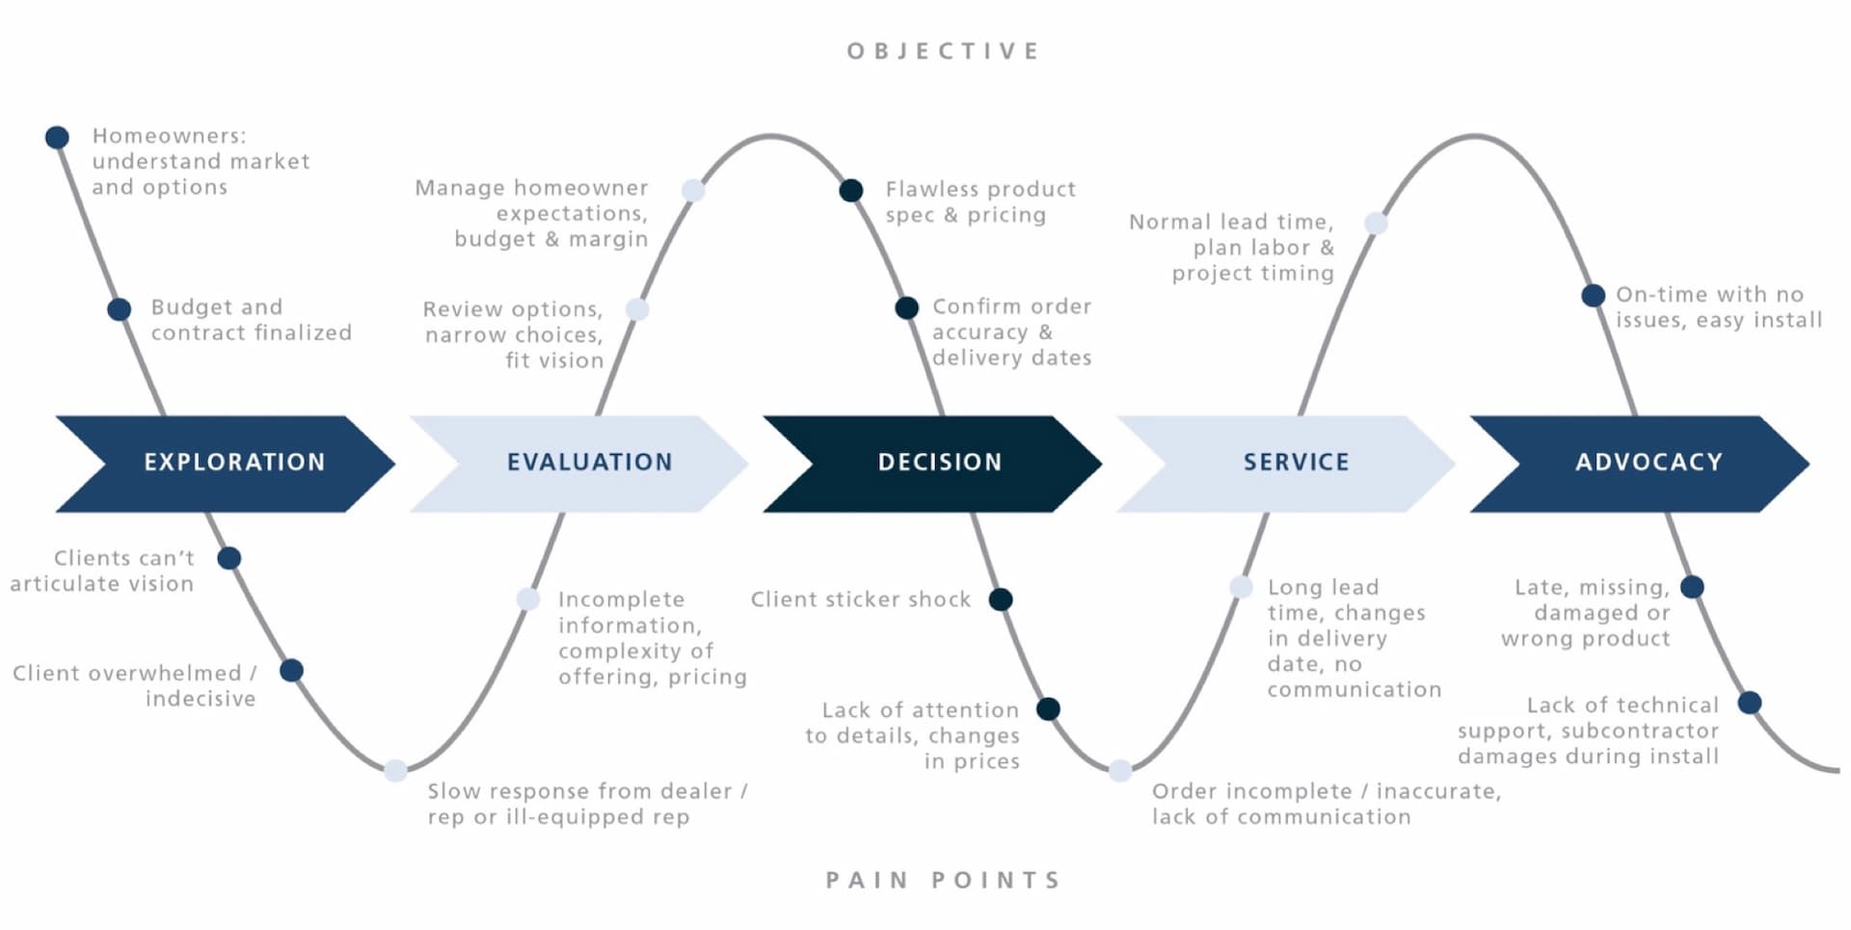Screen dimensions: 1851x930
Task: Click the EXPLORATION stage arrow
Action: click(226, 464)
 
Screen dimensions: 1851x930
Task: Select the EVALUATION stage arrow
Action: click(579, 464)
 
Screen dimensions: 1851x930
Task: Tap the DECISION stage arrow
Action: click(932, 464)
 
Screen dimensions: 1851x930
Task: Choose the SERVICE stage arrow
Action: click(1286, 464)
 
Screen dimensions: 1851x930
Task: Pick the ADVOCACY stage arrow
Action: click(1640, 464)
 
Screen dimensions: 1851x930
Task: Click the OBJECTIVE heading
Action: click(944, 51)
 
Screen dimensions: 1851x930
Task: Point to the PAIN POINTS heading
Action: click(944, 880)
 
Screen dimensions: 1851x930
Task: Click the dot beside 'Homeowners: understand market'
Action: click(57, 137)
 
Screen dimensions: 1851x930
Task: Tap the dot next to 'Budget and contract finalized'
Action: click(119, 309)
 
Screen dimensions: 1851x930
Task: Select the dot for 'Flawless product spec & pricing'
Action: click(851, 191)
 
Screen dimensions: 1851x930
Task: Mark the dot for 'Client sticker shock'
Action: click(1001, 599)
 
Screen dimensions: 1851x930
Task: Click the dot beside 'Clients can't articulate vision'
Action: click(229, 558)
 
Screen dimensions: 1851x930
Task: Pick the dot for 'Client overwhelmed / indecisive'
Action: click(291, 670)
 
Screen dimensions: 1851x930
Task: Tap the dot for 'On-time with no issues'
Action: click(1593, 296)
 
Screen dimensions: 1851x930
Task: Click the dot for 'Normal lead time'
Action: click(1376, 224)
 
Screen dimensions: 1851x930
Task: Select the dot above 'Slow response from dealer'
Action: click(395, 770)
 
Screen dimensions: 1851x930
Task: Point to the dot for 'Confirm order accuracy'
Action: click(906, 307)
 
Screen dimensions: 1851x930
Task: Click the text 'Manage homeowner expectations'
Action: click(532, 200)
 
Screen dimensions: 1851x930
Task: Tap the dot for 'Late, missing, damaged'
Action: click(1692, 587)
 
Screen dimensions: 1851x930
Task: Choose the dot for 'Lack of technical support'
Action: click(1750, 703)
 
